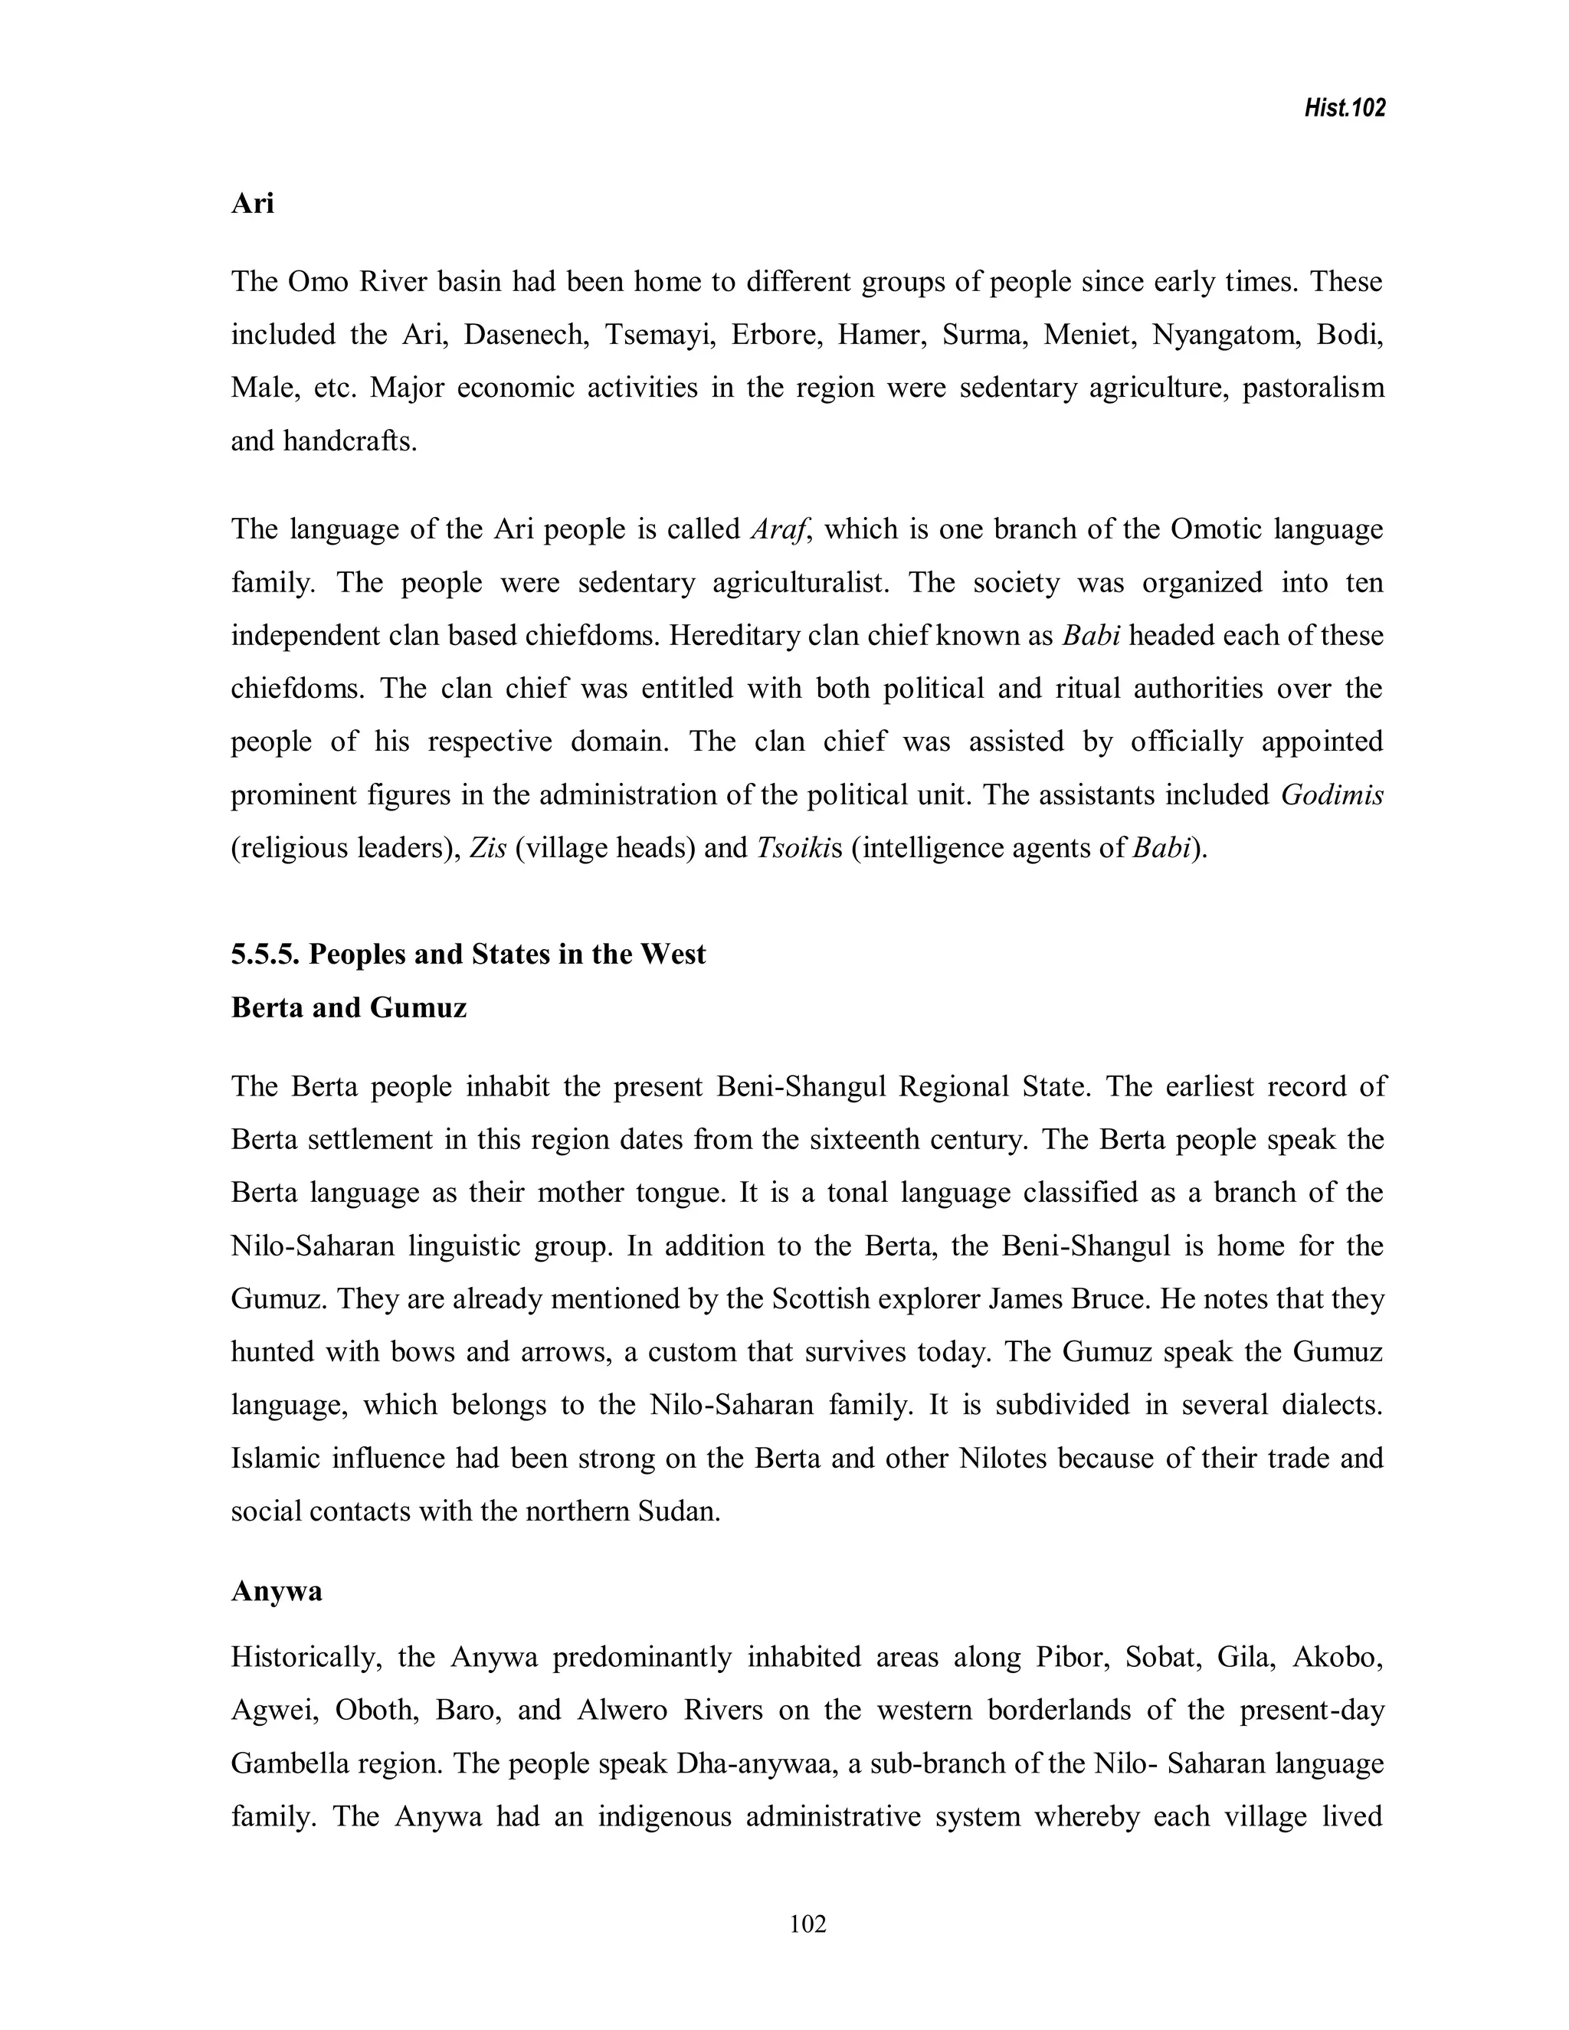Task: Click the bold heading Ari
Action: click(252, 203)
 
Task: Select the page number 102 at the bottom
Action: click(807, 1923)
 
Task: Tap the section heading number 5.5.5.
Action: click(265, 954)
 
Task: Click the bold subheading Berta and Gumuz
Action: click(349, 1007)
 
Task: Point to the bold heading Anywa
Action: click(276, 1590)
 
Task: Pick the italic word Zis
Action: click(488, 849)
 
